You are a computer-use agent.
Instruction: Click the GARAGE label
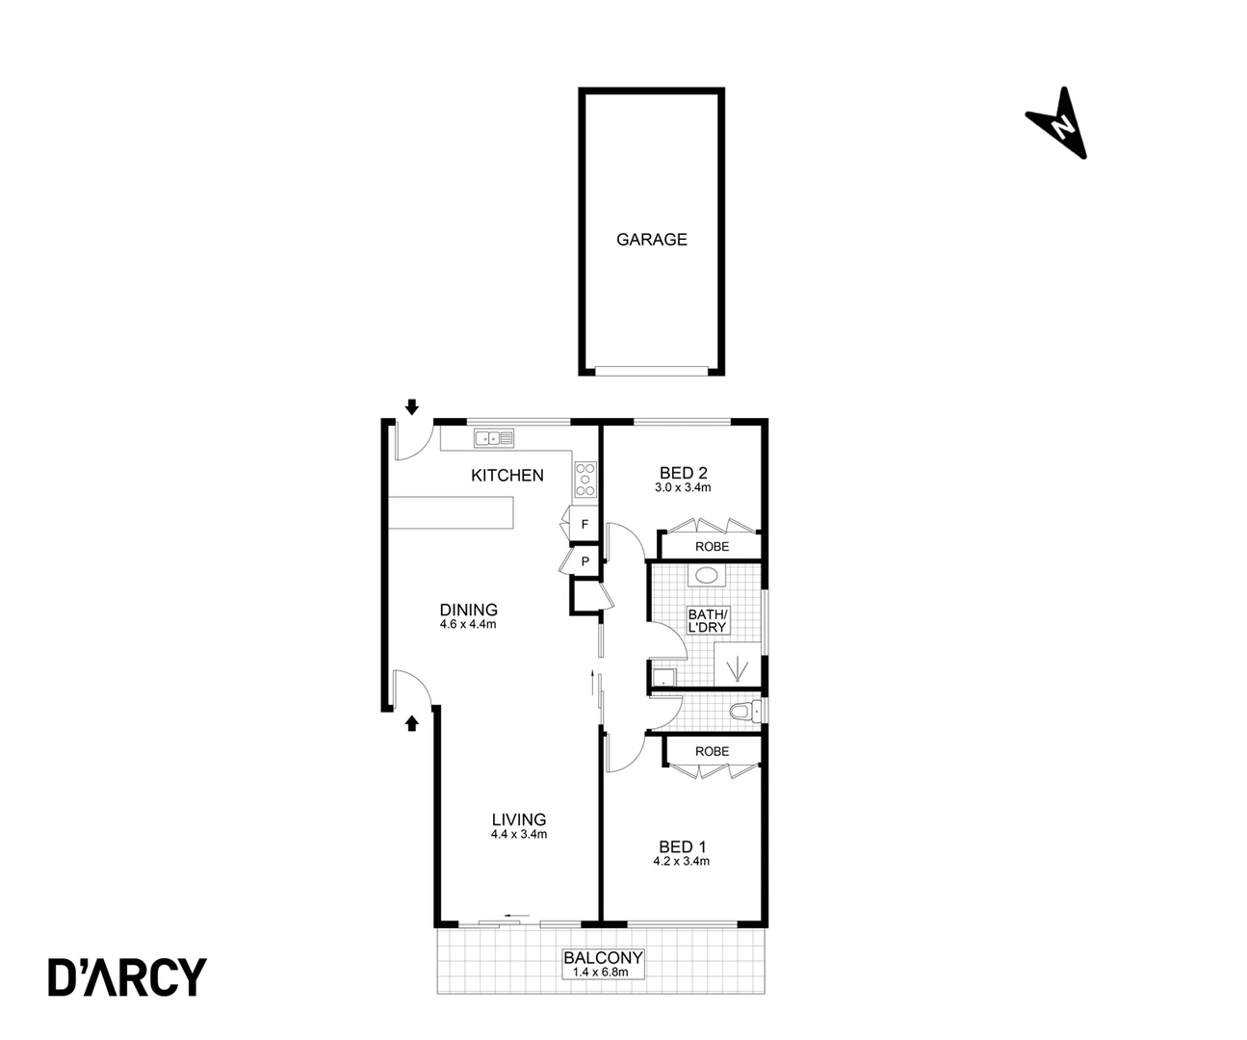652,240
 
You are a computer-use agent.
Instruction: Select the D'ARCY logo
127,976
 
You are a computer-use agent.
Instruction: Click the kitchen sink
493,438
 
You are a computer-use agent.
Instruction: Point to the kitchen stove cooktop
585,480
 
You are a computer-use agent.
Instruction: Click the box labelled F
585,526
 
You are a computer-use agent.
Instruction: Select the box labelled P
585,560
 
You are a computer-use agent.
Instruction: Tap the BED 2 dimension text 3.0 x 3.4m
683,487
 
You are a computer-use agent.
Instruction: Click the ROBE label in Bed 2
712,546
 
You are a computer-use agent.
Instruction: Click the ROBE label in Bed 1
712,751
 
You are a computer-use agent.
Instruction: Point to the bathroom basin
708,578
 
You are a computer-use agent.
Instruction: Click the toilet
742,713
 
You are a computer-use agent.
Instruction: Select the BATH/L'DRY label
708,620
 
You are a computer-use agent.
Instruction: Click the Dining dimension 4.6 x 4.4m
468,624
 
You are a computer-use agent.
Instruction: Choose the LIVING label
518,819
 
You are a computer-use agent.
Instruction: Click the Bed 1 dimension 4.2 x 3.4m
682,861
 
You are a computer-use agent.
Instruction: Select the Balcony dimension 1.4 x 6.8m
603,973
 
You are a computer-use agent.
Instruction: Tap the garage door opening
651,370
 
